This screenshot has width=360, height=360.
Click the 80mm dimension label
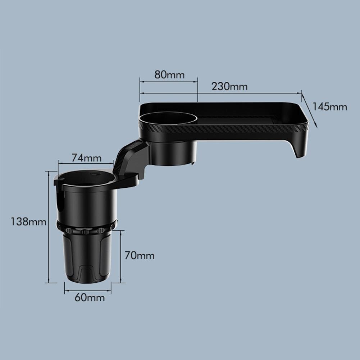169,75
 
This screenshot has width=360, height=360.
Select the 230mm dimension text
229,87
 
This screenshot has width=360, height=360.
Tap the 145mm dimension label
329,107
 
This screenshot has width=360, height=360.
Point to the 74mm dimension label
86,158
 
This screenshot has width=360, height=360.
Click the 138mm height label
28,222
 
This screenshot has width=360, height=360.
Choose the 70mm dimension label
140,256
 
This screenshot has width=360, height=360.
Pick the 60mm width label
90,297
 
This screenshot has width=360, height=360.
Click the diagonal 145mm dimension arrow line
309,111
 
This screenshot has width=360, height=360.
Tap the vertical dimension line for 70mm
120,256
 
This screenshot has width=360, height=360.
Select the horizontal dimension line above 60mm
88,288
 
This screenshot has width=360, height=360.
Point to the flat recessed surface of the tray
245,120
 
